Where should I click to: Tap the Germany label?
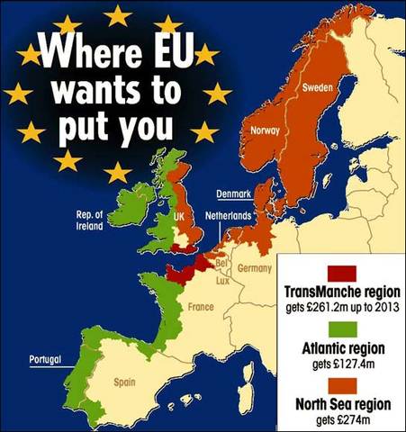255,268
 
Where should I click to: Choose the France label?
200,307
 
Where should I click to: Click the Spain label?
124,382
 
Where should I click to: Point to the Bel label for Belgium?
220,263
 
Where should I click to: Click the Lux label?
221,280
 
